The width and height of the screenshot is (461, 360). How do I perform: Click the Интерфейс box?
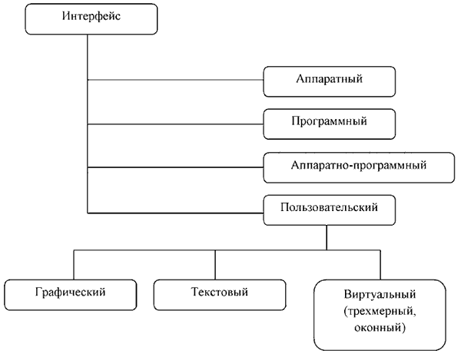pos(91,19)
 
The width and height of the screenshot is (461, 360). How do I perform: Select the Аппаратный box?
pos(330,81)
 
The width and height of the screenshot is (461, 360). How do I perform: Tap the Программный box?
pos(330,124)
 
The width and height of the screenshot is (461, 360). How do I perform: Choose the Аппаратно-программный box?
pos(359,167)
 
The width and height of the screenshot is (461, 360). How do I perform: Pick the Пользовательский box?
pos(330,210)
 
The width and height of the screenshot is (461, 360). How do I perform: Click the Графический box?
pos(71,295)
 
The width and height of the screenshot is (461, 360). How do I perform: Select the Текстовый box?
pos(220,295)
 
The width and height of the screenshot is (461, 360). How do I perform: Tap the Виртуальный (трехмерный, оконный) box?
pos(380,315)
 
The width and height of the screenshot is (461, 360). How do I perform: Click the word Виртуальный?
pos(380,294)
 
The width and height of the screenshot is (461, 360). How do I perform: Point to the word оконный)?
pos(380,328)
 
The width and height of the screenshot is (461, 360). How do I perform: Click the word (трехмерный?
pos(380,311)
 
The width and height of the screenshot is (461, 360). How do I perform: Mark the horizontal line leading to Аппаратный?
pos(175,80)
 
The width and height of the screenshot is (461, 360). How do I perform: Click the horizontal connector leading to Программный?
pos(175,124)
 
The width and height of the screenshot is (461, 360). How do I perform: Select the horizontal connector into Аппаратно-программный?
pos(175,167)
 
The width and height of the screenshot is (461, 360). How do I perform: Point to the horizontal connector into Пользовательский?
pos(175,213)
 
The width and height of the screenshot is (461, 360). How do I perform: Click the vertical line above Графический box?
pos(74,265)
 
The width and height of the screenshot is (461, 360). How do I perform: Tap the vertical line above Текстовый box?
pos(215,265)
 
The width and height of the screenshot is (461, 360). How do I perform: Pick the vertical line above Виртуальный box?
pos(380,265)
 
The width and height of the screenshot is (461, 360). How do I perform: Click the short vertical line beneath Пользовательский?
pos(327,238)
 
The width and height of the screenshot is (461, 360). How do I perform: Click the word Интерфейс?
pos(91,16)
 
